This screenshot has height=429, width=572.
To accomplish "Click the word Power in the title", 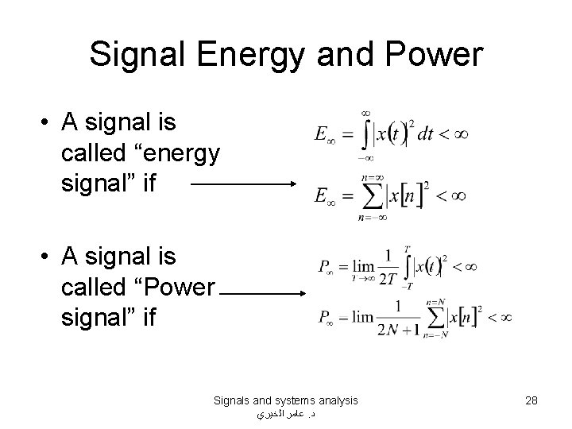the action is (435, 55).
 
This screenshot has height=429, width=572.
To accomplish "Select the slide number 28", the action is (531, 400).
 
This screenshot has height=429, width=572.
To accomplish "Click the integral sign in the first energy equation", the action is (366, 134).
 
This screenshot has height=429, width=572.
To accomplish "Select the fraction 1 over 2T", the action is (388, 266).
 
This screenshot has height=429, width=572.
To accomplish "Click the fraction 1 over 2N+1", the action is (398, 318).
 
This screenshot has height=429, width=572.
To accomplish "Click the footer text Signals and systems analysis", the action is (286, 400).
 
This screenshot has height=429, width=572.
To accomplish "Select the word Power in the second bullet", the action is (177, 286).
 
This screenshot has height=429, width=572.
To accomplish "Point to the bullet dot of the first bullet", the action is (48, 123).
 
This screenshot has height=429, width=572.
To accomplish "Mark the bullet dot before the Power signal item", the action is (48, 257).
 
